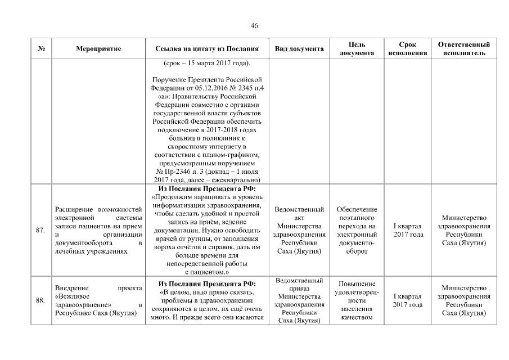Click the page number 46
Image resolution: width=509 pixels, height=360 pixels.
pyautogui.click(x=254, y=26)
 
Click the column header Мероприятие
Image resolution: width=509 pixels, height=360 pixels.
pyautogui.click(x=98, y=49)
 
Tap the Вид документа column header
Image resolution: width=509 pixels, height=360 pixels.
pyautogui.click(x=299, y=49)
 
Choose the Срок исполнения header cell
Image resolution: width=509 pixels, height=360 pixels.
pyautogui.click(x=408, y=49)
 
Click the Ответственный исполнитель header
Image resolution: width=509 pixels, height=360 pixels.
pyautogui.click(x=464, y=49)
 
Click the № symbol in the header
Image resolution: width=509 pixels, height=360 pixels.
pyautogui.click(x=40, y=49)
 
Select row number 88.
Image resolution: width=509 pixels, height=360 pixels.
pyautogui.click(x=40, y=300)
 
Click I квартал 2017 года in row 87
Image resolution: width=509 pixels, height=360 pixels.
pyautogui.click(x=408, y=230)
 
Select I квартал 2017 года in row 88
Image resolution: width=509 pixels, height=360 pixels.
pyautogui.click(x=408, y=300)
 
